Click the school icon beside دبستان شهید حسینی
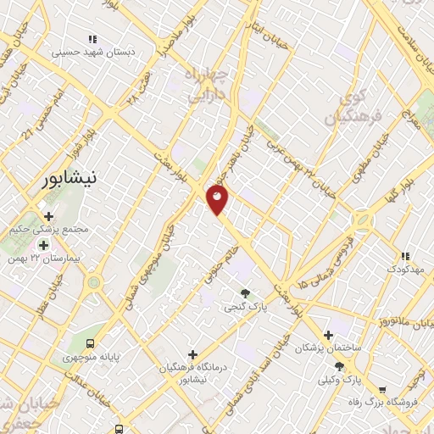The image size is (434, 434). coord(93,39)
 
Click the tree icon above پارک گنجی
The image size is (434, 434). coord(246,292)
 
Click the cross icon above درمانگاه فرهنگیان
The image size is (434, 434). coord(193,354)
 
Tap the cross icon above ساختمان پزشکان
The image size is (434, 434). coord(327,335)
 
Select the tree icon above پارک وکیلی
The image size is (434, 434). coord(339,366)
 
